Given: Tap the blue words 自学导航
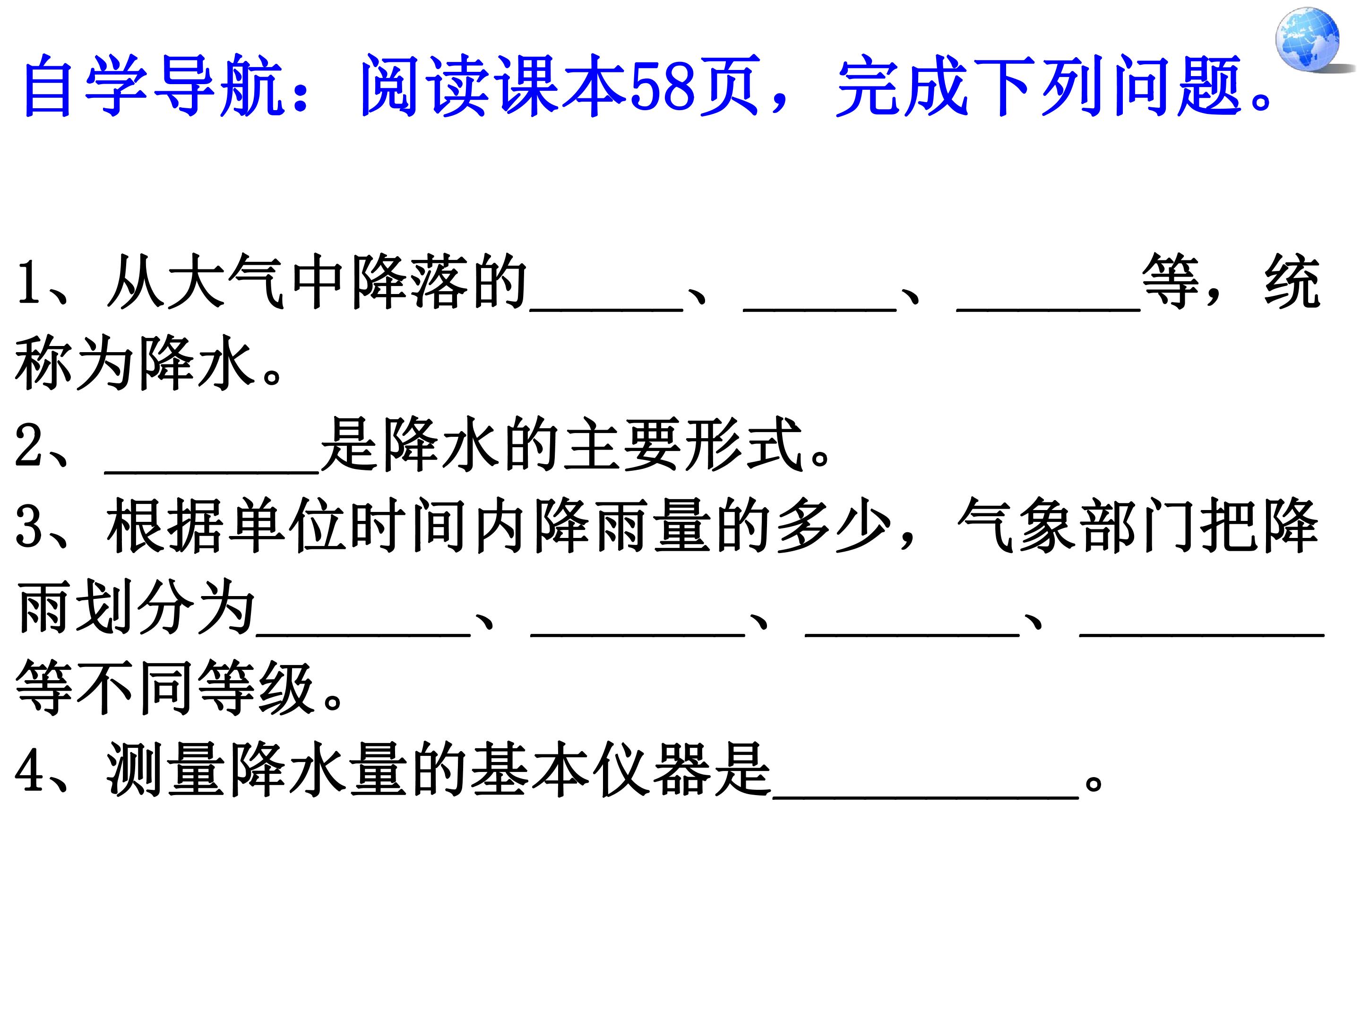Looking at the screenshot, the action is (154, 85).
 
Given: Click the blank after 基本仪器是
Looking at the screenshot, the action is (926, 797).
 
